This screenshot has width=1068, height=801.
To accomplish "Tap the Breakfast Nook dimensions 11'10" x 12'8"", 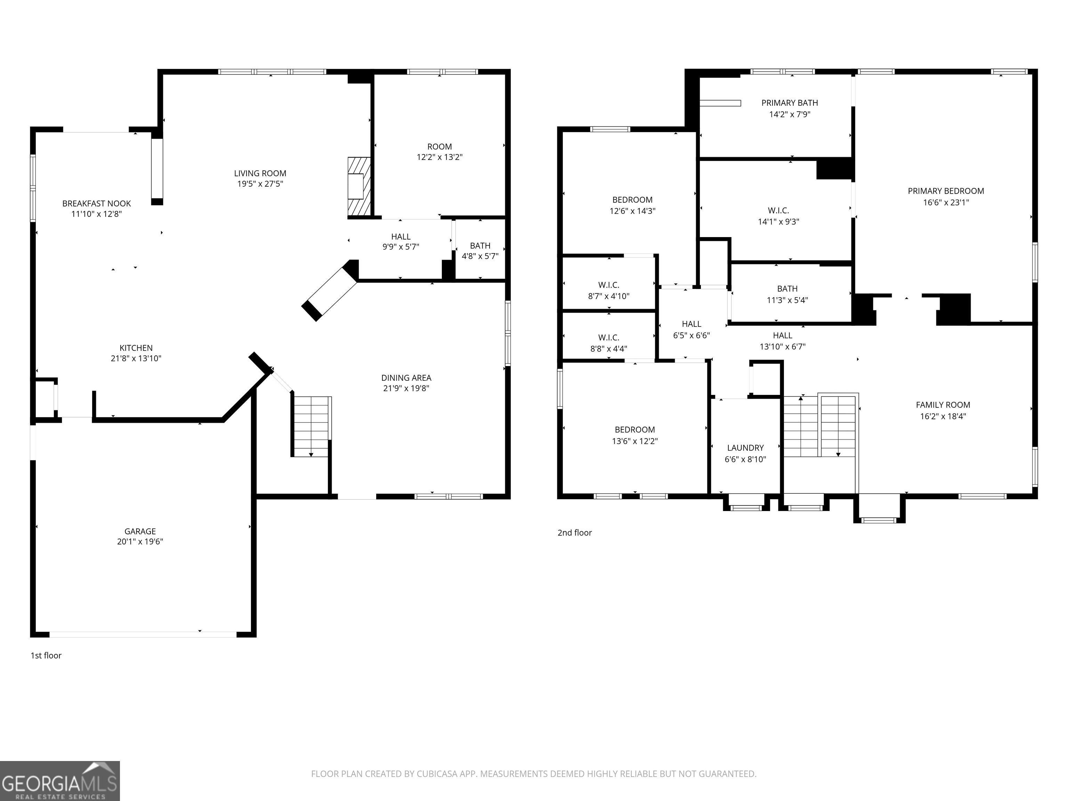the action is coord(97,214).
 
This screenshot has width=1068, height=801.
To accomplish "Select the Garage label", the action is coord(140,531).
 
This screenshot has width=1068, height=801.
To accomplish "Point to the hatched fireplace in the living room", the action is coord(359,186).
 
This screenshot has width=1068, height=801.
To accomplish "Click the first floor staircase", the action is coord(311,426).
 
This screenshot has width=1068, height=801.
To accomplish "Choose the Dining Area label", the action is coord(406,378).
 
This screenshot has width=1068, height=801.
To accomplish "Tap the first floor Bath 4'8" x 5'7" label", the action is coord(480,251).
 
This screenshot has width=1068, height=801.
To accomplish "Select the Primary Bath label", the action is coord(790,103).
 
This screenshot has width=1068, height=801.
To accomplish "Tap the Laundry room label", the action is coord(745,448).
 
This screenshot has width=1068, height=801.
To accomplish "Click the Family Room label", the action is coord(942,405).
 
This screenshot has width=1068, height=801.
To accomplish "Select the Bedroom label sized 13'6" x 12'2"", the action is coord(634,430).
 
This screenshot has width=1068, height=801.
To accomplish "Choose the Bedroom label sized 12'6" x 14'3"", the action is coord(632,200).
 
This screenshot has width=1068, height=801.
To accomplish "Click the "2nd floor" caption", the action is coord(575,533).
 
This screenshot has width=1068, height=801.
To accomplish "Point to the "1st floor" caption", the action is coord(46,655).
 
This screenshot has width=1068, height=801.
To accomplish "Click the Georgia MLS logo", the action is coord(59,781).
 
